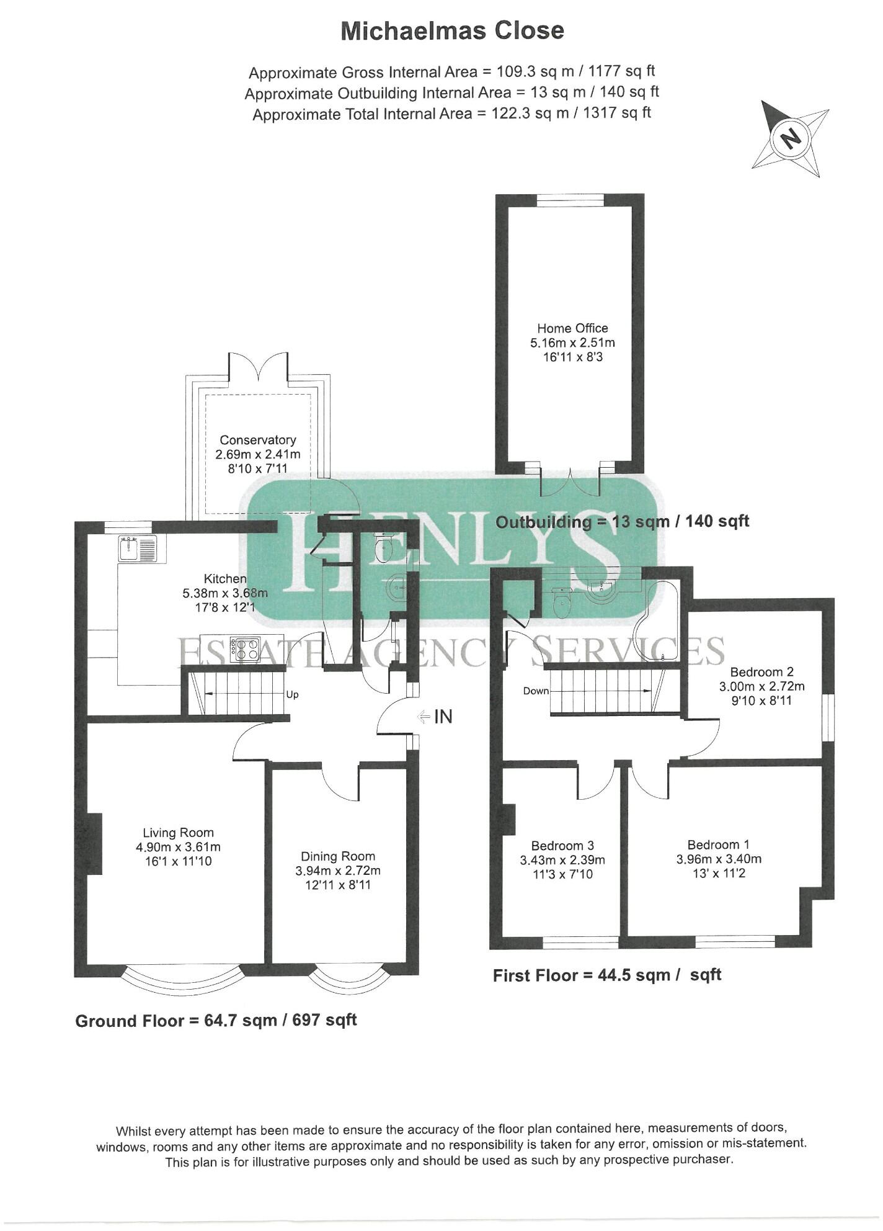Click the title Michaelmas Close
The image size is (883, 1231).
point(453,30)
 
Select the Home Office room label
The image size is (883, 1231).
point(572,328)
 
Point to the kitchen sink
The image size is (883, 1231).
point(139,548)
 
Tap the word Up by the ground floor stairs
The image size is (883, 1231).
point(293,694)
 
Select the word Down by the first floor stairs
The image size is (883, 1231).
point(536,691)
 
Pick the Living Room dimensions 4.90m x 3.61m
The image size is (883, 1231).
point(178,847)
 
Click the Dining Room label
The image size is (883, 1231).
point(338,856)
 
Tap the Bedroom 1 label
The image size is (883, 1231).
point(718,844)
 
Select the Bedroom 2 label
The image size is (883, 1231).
point(761,671)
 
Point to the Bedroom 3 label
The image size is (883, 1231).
point(562,846)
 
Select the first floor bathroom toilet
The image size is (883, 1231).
point(562,603)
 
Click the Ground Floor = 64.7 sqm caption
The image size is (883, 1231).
point(216,1021)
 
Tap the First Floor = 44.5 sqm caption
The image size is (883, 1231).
point(606,975)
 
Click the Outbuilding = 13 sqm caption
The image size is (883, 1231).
point(622,521)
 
